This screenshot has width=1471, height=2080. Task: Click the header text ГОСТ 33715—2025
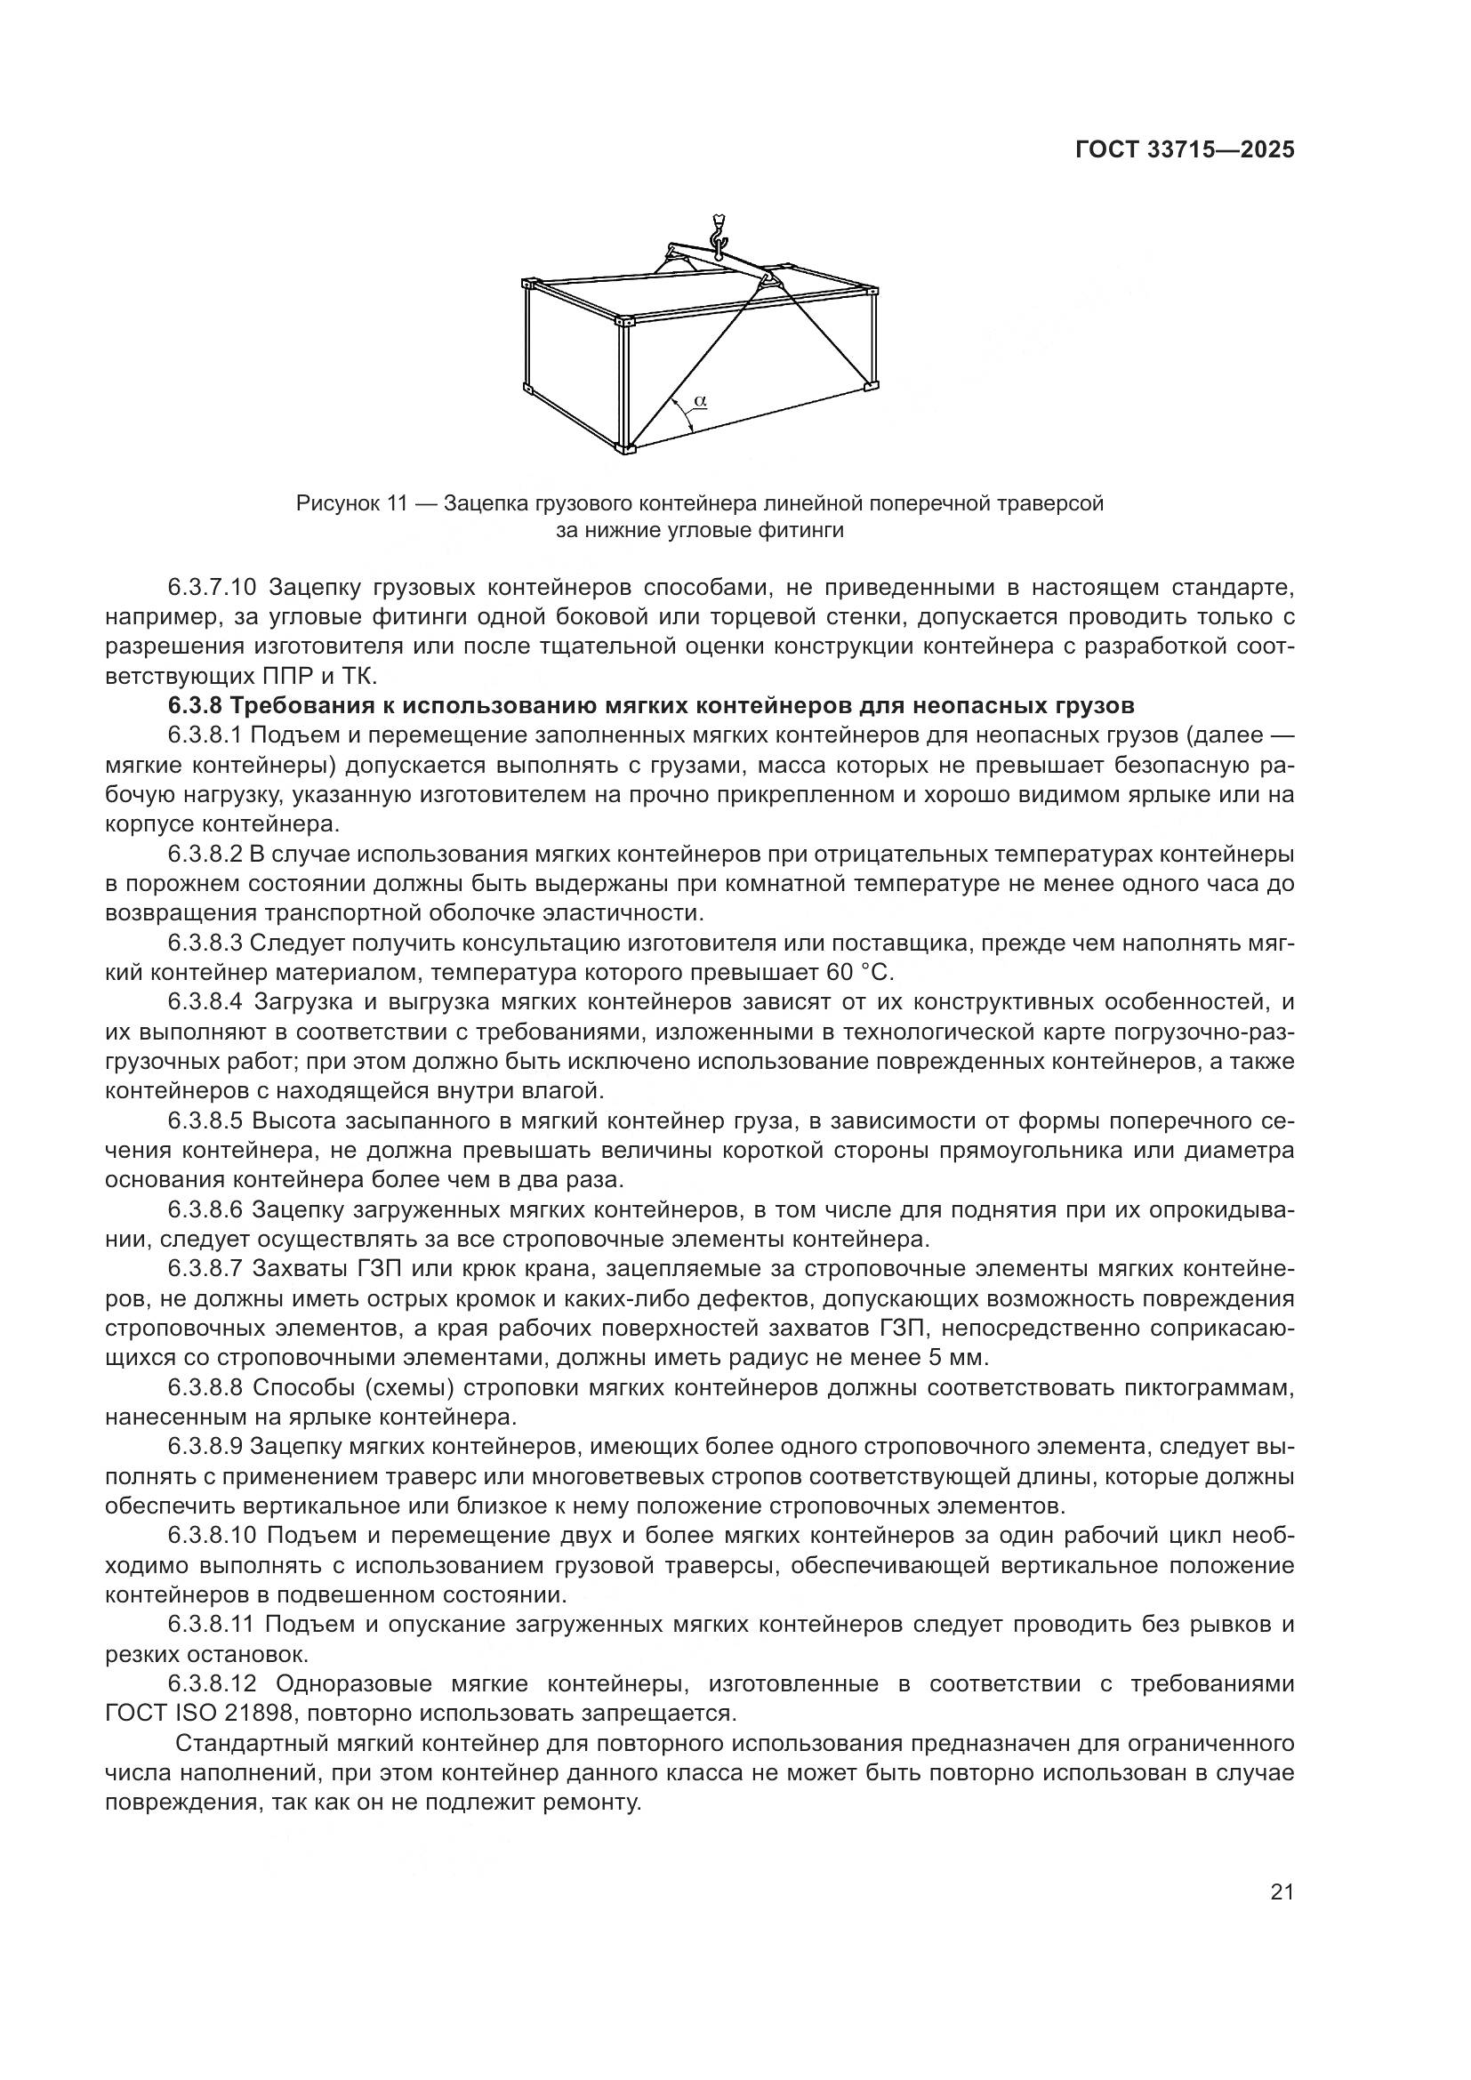1184,150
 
